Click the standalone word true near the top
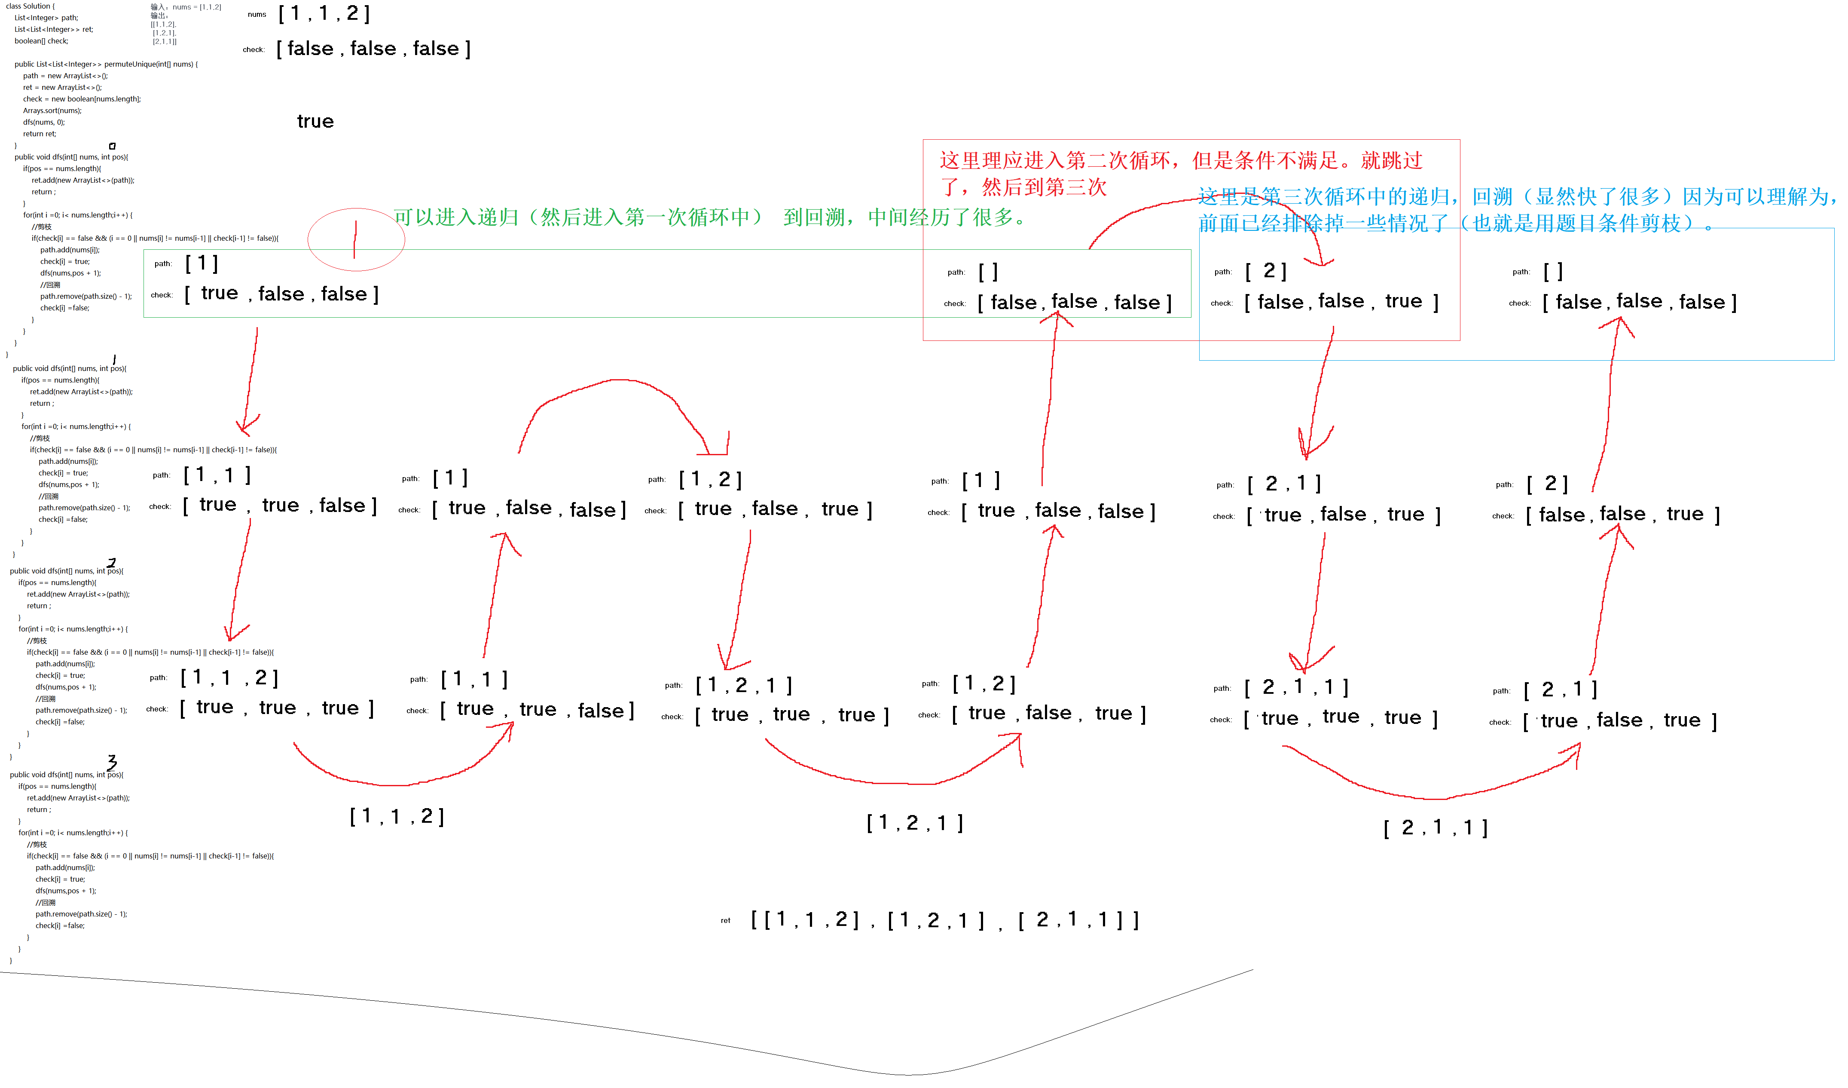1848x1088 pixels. (x=315, y=122)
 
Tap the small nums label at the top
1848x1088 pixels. (x=257, y=15)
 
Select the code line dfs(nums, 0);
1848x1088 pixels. (x=43, y=123)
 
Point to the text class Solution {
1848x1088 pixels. (x=30, y=6)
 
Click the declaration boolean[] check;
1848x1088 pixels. (x=41, y=41)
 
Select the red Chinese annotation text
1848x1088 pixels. (x=1181, y=174)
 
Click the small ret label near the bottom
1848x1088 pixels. (x=725, y=921)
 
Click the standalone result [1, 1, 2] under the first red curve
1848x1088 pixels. (x=397, y=817)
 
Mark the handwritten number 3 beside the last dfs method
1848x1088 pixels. (x=111, y=762)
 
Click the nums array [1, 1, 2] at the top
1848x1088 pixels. (x=324, y=14)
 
